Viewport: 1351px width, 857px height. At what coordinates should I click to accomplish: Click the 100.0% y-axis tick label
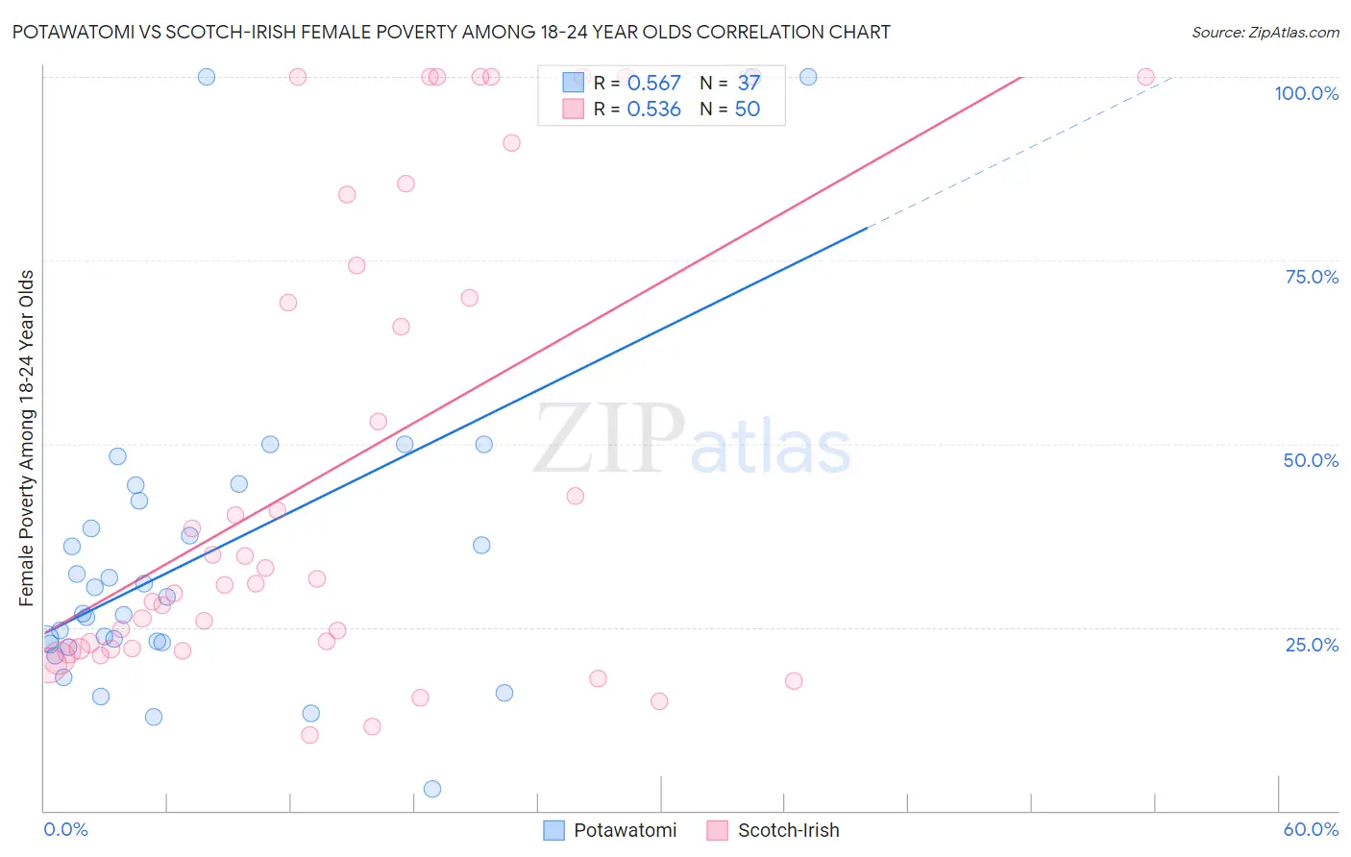[1306, 93]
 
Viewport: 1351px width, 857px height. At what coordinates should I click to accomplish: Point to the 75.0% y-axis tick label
[1312, 277]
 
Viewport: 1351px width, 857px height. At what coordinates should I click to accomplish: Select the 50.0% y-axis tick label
[1311, 460]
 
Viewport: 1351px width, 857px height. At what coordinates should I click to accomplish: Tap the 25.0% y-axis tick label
[1312, 644]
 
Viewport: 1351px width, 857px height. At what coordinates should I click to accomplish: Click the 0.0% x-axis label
[65, 829]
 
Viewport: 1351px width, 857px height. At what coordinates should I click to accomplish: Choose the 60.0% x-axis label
[1311, 829]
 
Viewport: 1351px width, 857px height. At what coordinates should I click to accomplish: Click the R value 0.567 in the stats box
[653, 84]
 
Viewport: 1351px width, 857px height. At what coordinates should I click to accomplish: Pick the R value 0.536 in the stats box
[653, 110]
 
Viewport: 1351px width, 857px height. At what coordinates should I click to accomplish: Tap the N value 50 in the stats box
[747, 110]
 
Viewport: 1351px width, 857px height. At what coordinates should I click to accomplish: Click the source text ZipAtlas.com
[1265, 32]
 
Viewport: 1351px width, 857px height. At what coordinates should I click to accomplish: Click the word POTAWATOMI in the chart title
[67, 32]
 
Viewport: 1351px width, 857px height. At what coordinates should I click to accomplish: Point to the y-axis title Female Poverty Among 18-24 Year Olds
[26, 438]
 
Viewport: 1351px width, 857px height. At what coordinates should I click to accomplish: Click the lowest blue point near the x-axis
[432, 789]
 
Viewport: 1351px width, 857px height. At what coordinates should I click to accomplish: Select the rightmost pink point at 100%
[1145, 77]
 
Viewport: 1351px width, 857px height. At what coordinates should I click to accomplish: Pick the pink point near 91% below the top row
[511, 143]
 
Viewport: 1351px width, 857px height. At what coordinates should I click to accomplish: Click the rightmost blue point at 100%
[808, 77]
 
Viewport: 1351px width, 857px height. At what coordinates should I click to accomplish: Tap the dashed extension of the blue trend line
[1019, 154]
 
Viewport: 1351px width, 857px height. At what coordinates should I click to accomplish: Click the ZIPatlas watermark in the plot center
[692, 440]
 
